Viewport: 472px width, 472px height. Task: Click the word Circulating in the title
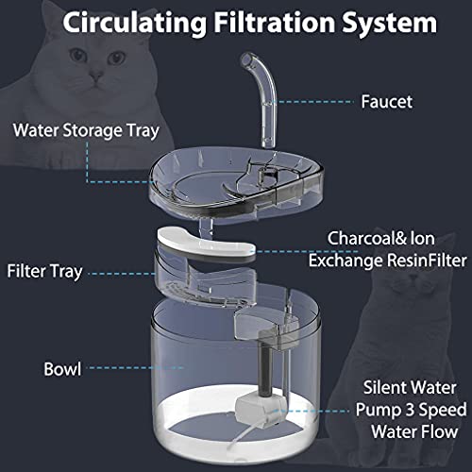tap(135, 23)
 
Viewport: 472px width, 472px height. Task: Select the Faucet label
tap(386, 102)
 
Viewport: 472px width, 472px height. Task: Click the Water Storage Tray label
tap(86, 131)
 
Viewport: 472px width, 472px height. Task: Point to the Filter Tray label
tap(44, 272)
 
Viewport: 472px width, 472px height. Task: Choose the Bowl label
tap(62, 369)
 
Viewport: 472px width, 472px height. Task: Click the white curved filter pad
tap(206, 243)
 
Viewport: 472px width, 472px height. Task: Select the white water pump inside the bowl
tap(261, 409)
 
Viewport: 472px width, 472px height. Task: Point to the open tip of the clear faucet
tap(246, 59)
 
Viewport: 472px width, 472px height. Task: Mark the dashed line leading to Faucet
tap(314, 102)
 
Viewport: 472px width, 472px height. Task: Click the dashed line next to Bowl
tap(135, 367)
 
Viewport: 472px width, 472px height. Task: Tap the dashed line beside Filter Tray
tap(122, 274)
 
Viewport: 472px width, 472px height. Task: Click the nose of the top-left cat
tap(95, 76)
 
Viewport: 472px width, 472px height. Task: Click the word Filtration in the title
tap(275, 23)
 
